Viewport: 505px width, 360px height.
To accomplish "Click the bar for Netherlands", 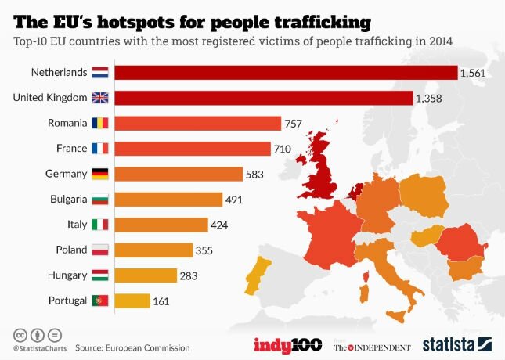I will click(x=286, y=73).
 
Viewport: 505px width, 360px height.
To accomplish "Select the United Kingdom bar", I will click(x=264, y=98).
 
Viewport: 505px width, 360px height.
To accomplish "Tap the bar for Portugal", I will click(x=132, y=300).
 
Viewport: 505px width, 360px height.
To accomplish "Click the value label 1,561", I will click(x=474, y=73).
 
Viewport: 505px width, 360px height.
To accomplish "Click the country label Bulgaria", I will click(x=66, y=199).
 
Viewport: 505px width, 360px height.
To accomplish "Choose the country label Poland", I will click(x=70, y=250).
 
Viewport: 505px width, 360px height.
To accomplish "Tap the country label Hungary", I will click(x=67, y=275).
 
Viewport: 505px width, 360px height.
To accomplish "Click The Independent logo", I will click(x=372, y=346).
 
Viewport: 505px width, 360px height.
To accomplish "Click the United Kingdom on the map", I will click(x=323, y=168).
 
